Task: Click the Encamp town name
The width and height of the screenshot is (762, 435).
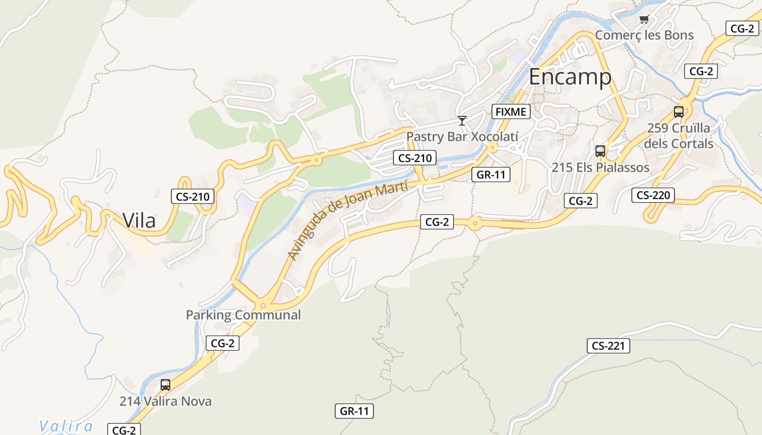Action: [570, 77]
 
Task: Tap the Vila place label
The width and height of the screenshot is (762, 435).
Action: [139, 221]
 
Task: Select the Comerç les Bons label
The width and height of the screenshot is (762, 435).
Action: [644, 35]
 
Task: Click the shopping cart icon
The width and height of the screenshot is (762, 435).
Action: [644, 20]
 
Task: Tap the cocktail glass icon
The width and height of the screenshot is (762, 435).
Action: [462, 120]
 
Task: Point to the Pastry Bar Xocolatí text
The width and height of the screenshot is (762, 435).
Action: [462, 136]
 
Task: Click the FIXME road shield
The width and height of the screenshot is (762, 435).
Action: [511, 112]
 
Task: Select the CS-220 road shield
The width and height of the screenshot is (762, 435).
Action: [653, 195]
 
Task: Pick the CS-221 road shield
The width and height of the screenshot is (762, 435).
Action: [608, 346]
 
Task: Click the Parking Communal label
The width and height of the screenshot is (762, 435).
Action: [243, 315]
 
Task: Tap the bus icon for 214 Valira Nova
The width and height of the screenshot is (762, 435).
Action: [165, 385]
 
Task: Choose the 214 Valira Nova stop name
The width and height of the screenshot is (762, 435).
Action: [165, 402]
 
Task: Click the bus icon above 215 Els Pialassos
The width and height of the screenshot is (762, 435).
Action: [600, 151]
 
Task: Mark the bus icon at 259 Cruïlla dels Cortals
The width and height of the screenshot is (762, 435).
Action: [679, 112]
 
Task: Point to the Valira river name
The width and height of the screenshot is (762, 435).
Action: [66, 426]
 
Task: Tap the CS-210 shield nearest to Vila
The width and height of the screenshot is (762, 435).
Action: [193, 196]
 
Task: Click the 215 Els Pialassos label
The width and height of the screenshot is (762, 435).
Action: [600, 167]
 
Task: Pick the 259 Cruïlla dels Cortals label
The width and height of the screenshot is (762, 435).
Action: [679, 136]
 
